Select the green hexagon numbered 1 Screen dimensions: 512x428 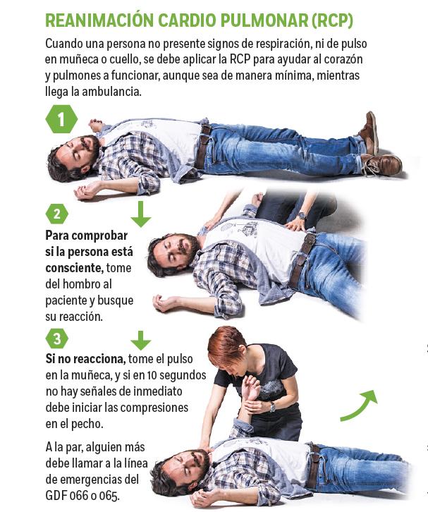61,119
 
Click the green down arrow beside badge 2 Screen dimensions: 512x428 141,214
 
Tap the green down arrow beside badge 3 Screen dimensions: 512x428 141,338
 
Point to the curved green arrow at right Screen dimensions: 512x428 360,405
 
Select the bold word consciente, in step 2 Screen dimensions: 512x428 74,268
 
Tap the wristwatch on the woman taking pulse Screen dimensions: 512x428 271,406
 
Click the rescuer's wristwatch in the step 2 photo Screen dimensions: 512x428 301,216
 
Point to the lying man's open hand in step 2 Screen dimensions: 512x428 166,303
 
